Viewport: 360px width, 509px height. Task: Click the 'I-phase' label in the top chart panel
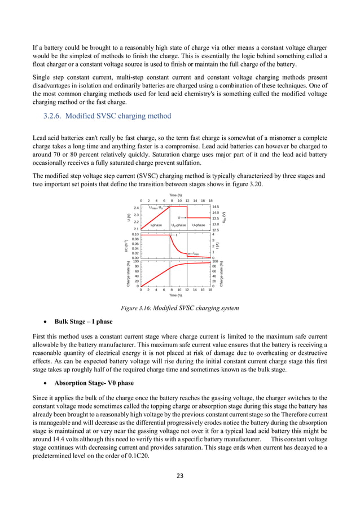coord(156,225)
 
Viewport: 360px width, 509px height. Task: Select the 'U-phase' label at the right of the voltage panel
coord(199,225)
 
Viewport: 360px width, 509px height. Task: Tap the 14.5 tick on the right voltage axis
coord(216,208)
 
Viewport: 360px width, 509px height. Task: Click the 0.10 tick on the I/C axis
coord(135,234)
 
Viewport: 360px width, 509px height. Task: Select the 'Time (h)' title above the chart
coord(175,195)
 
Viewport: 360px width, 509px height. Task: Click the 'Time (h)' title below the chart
coord(175,295)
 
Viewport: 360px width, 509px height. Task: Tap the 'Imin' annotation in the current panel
coord(196,253)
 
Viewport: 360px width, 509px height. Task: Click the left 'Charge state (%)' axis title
coord(129,273)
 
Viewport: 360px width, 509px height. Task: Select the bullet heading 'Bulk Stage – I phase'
coord(84,322)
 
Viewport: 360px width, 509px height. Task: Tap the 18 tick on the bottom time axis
coord(210,290)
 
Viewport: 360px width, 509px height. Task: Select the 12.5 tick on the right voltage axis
coord(216,230)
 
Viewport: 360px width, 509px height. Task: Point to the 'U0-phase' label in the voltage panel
coord(178,225)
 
